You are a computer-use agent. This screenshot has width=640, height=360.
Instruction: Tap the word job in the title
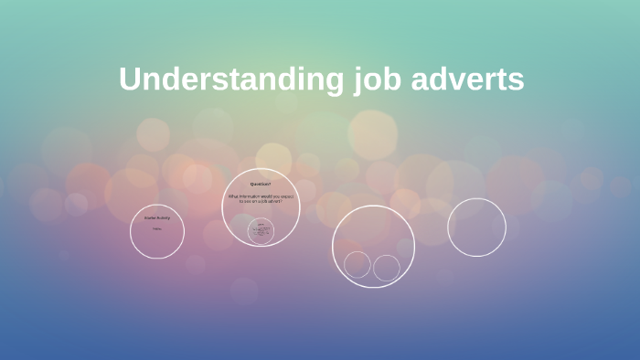[375, 79]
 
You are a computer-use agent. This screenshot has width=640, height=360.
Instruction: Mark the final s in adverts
[517, 80]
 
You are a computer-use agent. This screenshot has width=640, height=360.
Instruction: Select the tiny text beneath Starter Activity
[157, 228]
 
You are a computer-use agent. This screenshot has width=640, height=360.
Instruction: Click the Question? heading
[261, 185]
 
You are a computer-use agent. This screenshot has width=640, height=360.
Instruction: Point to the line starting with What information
[261, 196]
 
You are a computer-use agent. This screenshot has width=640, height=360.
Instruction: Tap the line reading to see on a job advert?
[261, 201]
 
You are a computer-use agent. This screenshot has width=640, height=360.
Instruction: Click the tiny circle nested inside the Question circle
[261, 230]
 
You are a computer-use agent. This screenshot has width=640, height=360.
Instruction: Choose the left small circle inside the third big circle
[357, 265]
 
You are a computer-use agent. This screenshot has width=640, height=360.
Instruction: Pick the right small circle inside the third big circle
[387, 268]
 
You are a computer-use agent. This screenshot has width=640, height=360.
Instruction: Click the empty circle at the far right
[476, 228]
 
